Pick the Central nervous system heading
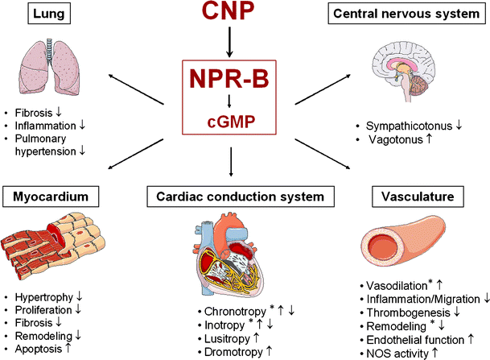[x=409, y=14]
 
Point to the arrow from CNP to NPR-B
[x=230, y=43]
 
